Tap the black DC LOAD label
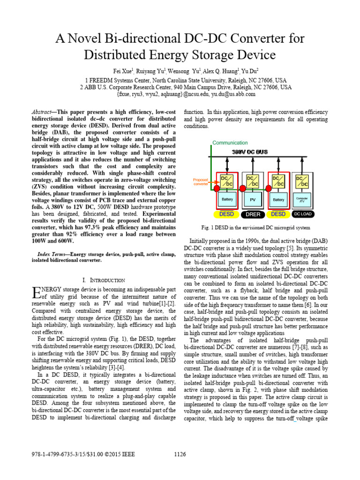coord(302,214)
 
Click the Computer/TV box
coord(302,199)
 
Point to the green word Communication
coord(230,142)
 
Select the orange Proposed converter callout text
coord(201,182)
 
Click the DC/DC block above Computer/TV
coord(302,181)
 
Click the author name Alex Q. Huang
coord(221,71)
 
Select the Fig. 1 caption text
coord(256,228)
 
